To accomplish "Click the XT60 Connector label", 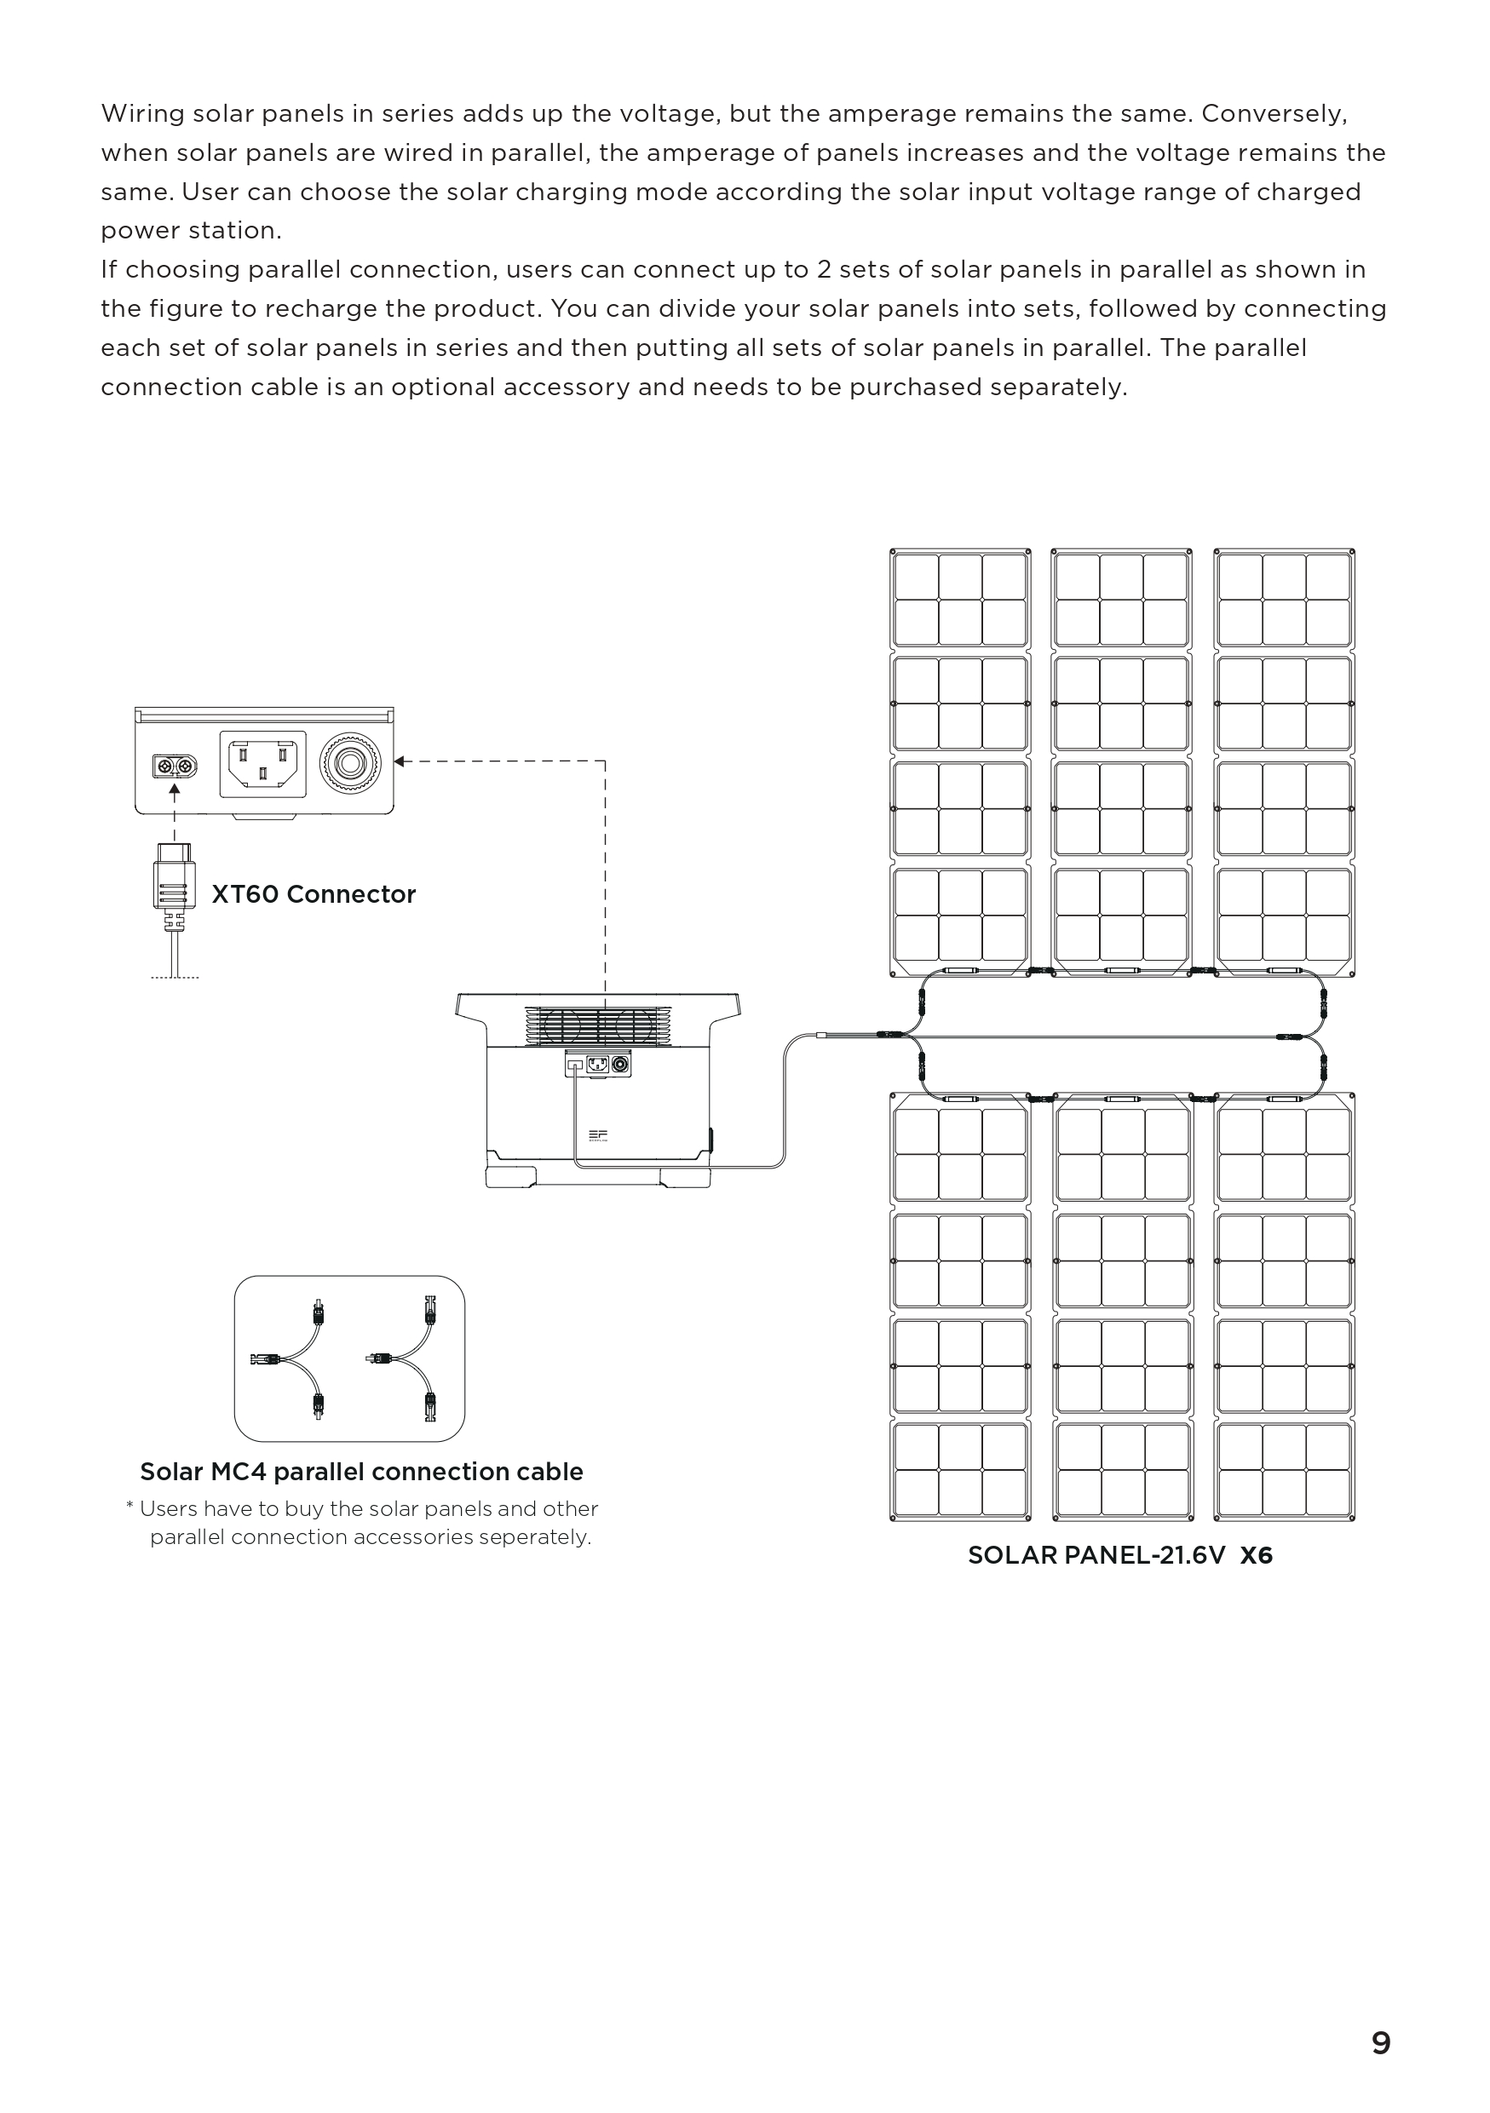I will click(313, 894).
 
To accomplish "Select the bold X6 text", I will click(1257, 1555).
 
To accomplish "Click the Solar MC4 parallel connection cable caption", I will click(360, 1472).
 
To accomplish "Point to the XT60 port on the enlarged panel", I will click(175, 766).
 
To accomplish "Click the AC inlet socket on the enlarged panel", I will click(262, 764).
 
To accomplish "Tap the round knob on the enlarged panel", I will click(350, 764).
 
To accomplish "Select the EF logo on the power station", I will click(598, 1135).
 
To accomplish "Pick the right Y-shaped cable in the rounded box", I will click(405, 1358).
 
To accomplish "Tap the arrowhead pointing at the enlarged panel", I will click(400, 761).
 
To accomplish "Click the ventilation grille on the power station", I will click(598, 1025).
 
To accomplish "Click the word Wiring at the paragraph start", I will click(141, 114).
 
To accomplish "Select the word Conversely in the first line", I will click(1274, 114).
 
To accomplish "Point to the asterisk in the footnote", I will click(129, 1507).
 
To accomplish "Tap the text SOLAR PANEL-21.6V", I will click(1096, 1555).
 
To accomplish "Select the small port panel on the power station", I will click(599, 1065).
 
